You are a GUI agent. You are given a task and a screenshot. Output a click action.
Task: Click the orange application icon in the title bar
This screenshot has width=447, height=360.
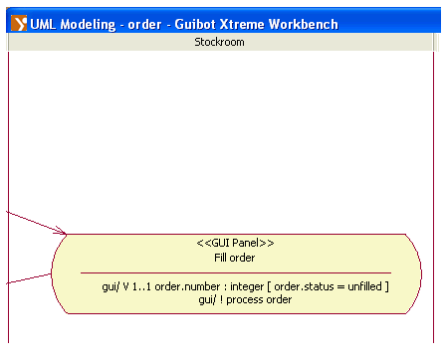click(19, 23)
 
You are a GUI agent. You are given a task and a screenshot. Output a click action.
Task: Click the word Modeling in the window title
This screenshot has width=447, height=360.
click(88, 25)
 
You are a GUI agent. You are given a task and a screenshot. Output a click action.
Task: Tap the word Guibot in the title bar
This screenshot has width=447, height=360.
click(195, 24)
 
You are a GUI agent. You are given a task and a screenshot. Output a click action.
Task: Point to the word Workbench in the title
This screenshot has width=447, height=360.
click(304, 24)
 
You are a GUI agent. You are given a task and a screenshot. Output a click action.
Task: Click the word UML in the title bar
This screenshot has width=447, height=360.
click(43, 24)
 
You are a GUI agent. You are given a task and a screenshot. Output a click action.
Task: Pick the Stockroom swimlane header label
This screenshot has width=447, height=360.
click(219, 42)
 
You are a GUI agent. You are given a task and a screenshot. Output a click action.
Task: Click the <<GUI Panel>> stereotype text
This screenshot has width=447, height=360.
click(235, 243)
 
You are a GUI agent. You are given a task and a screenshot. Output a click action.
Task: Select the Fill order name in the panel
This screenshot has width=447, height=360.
click(235, 258)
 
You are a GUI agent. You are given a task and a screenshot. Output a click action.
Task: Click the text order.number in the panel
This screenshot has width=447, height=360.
click(187, 286)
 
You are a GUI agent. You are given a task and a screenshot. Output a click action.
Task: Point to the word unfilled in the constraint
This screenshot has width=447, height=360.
click(364, 286)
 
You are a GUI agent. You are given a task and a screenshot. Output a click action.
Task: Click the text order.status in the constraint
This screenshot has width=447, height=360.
click(304, 286)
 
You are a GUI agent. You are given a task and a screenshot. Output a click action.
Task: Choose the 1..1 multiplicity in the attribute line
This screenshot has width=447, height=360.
click(141, 286)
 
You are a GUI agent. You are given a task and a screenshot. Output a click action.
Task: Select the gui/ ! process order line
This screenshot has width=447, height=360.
click(245, 299)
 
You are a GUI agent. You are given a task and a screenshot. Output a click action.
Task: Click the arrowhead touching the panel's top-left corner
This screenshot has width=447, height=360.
click(63, 231)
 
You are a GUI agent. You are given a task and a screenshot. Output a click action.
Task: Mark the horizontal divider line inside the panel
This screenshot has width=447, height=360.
click(236, 273)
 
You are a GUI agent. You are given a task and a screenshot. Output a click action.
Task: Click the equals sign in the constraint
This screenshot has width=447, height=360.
click(340, 286)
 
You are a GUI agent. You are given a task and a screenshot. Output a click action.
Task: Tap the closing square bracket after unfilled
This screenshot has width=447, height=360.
click(386, 286)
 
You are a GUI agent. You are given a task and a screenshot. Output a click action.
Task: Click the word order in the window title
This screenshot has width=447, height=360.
click(144, 25)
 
